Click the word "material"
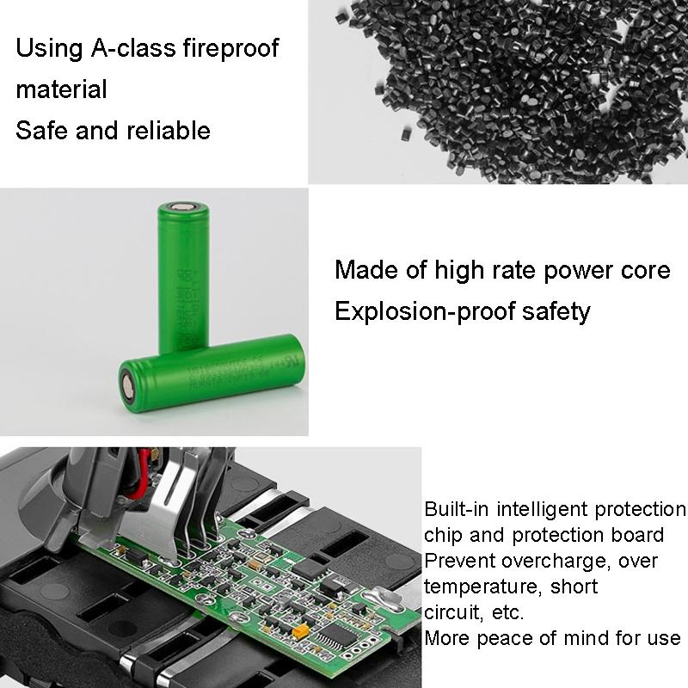coord(61,89)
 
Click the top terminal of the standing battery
coord(182,207)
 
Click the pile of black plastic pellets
coord(507,86)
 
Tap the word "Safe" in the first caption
coord(40,131)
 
